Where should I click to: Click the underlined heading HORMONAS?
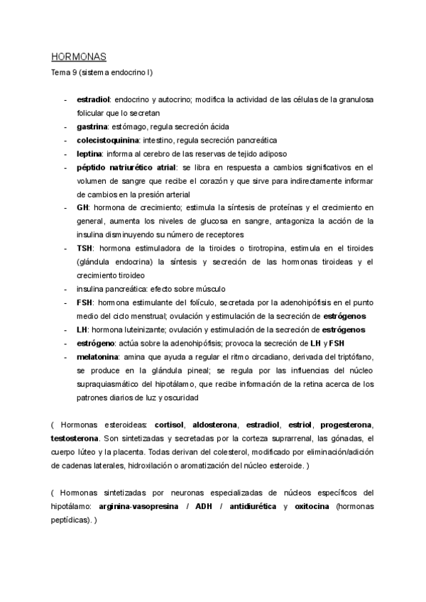[78, 57]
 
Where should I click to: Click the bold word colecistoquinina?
[107, 140]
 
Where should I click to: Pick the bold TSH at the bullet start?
[84, 248]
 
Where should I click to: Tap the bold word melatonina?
[98, 356]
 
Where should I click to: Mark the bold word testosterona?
[75, 438]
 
